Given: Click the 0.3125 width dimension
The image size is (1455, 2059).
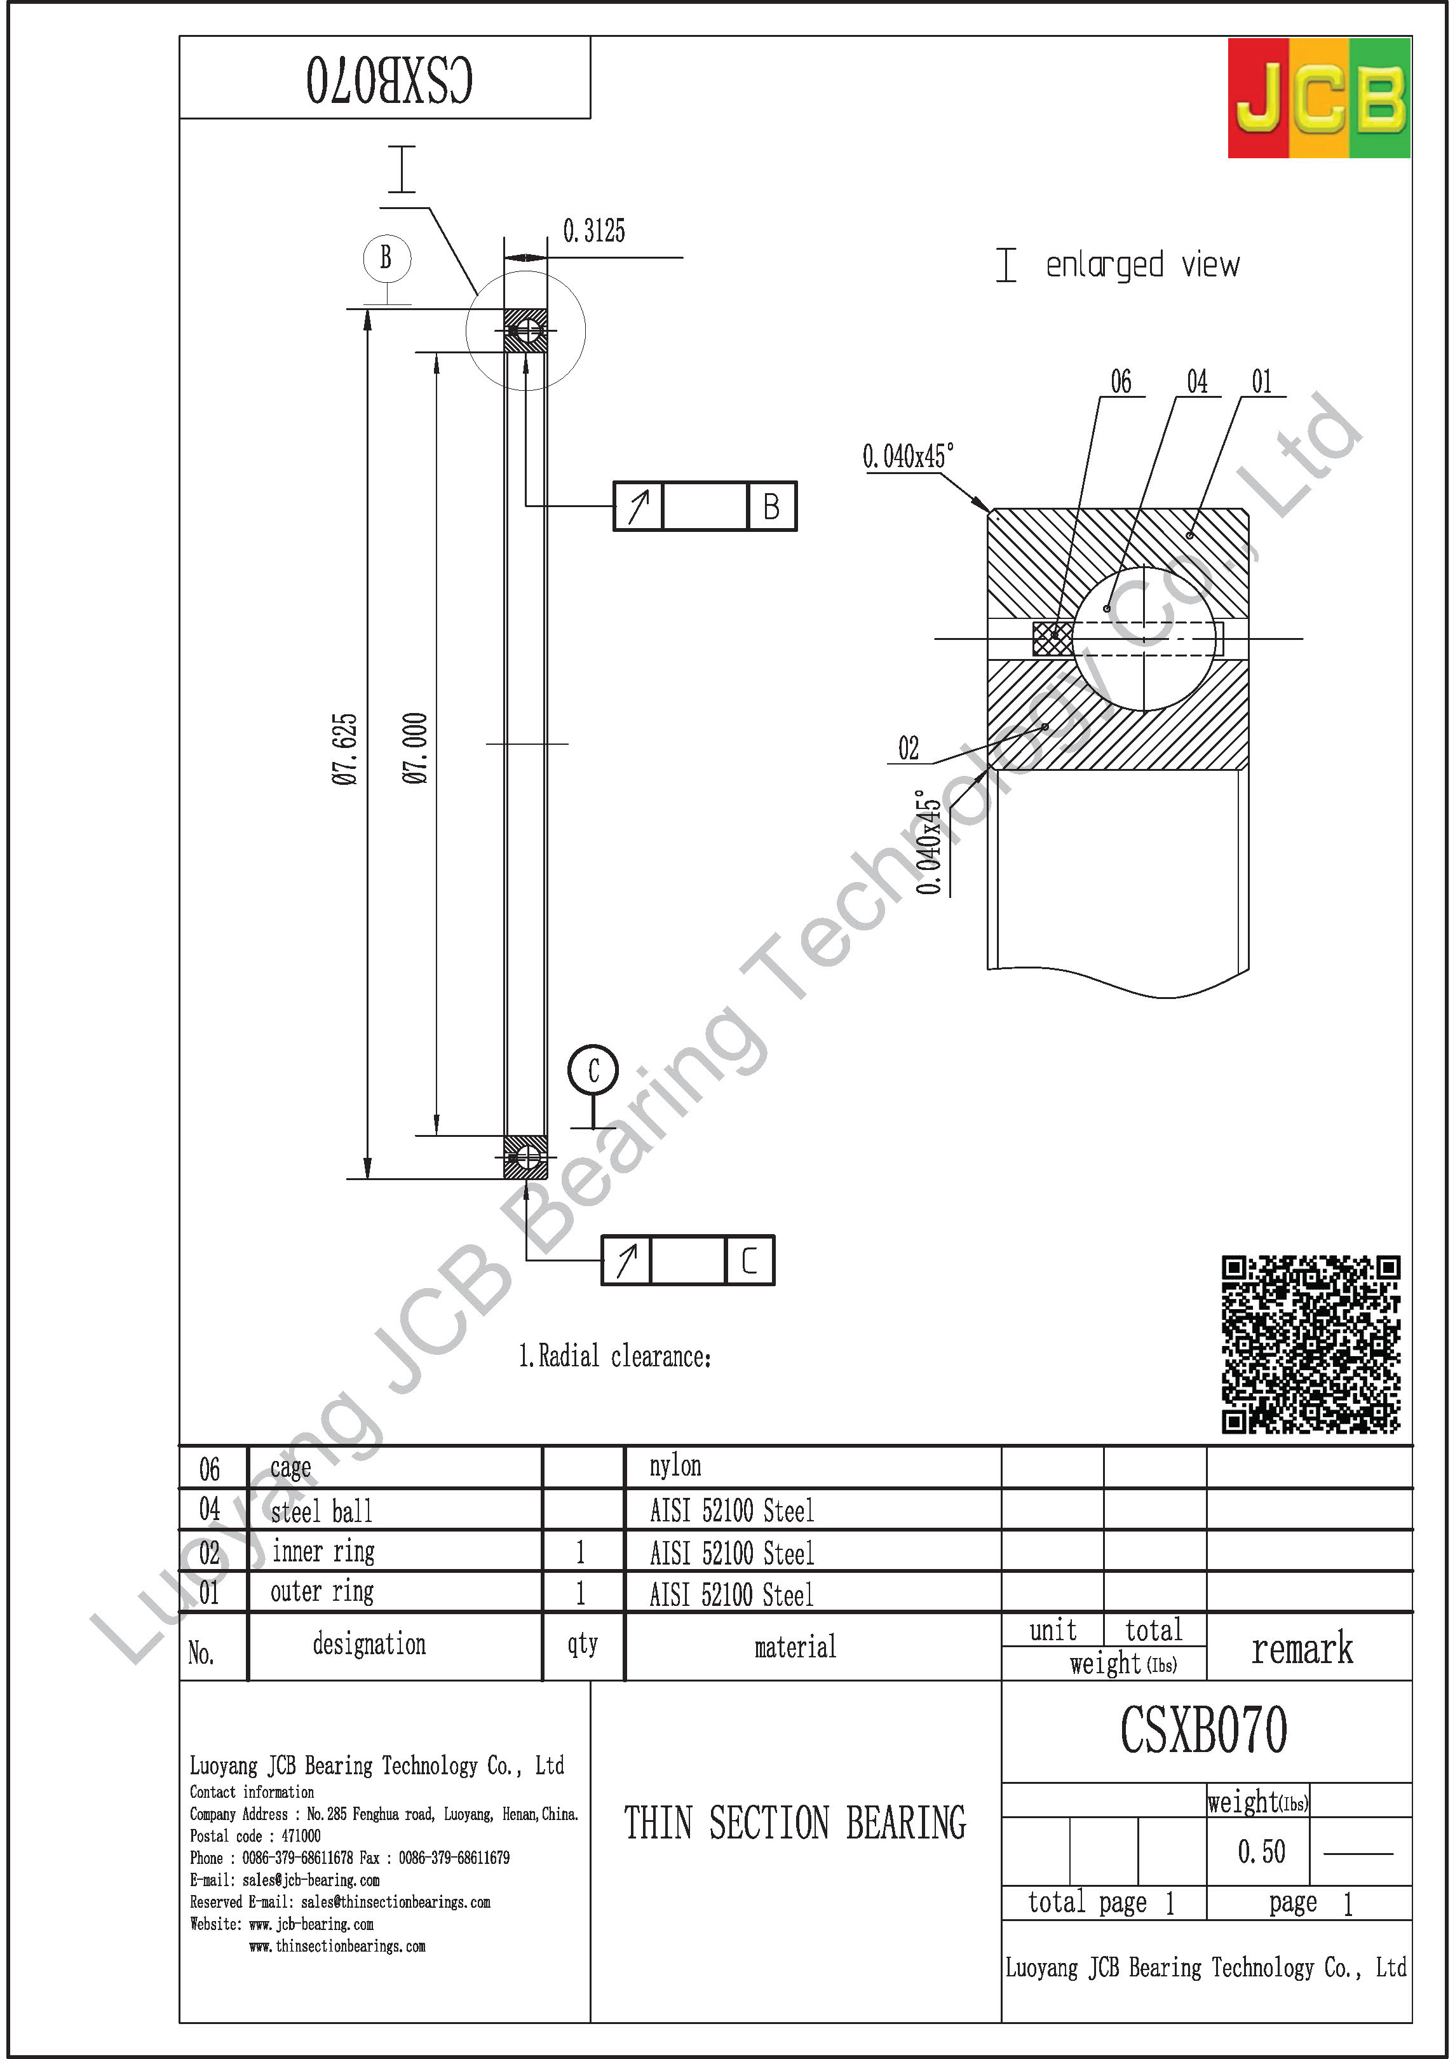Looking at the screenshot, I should pos(593,231).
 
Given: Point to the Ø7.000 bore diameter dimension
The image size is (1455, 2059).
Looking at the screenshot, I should pos(415,749).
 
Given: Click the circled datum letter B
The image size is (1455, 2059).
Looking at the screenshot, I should pos(386,257).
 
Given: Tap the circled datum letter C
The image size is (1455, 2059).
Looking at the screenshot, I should pos(593,1070).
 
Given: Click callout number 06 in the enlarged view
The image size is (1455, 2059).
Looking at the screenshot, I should pos(1121,382).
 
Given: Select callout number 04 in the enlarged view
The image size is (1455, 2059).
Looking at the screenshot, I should pos(1197,382).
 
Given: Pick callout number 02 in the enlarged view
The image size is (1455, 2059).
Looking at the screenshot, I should pos(908,749).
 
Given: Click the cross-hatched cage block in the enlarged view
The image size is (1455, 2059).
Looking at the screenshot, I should pos(1052,639).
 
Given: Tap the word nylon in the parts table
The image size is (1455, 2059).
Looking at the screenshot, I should pos(675,1466).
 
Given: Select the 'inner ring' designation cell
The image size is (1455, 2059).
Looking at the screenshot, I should pos(323,1551).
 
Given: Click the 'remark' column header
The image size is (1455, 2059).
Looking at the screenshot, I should pos(1302,1649).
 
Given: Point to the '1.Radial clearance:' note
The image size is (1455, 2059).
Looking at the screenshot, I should pos(615,1356).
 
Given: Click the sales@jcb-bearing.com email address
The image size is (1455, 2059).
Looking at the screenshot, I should pos(310,1880).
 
